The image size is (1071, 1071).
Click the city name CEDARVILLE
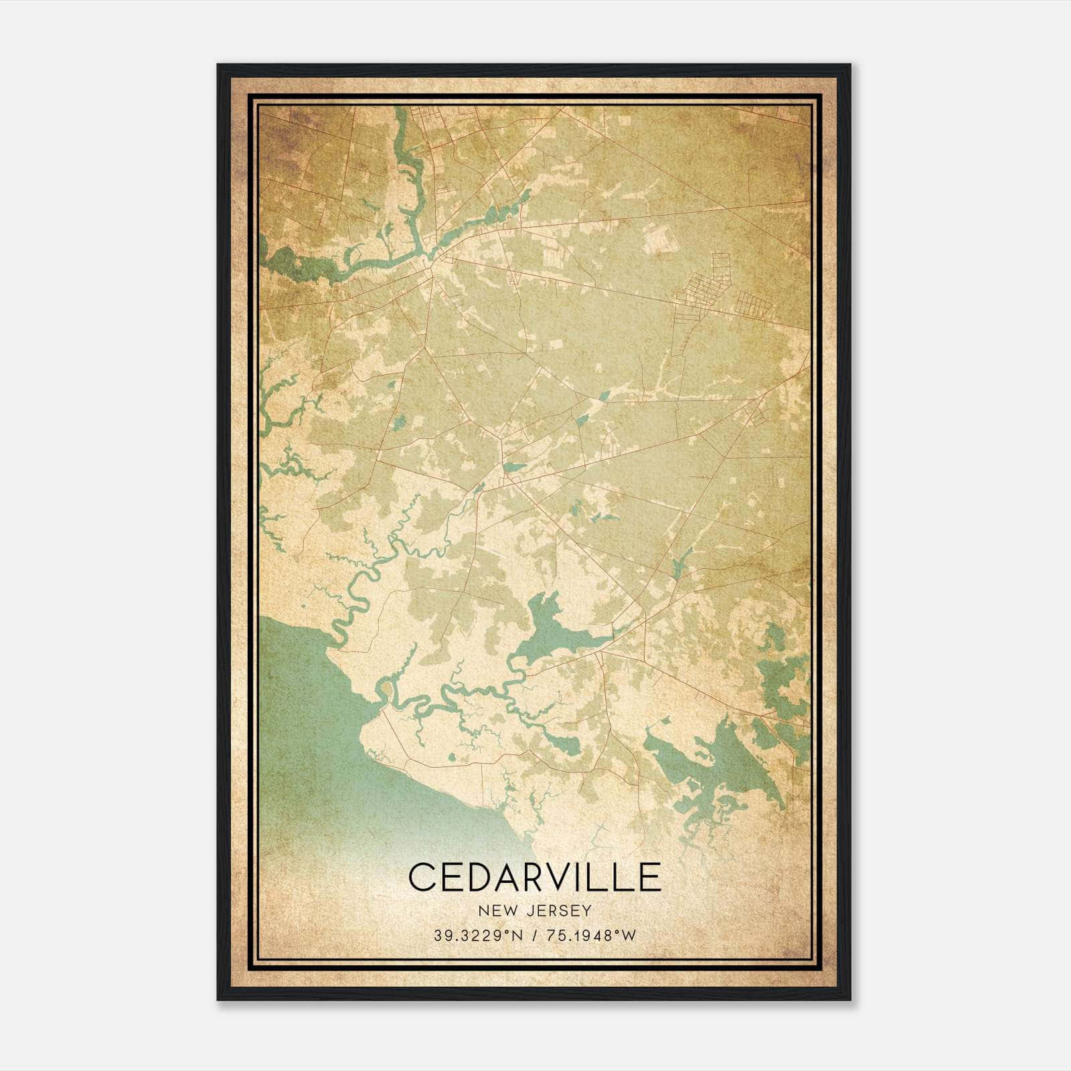pyautogui.click(x=534, y=877)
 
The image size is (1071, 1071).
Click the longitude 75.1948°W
pyautogui.click(x=590, y=936)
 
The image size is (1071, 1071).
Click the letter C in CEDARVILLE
pyautogui.click(x=423, y=877)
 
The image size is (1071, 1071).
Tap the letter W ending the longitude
pyautogui.click(x=628, y=936)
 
